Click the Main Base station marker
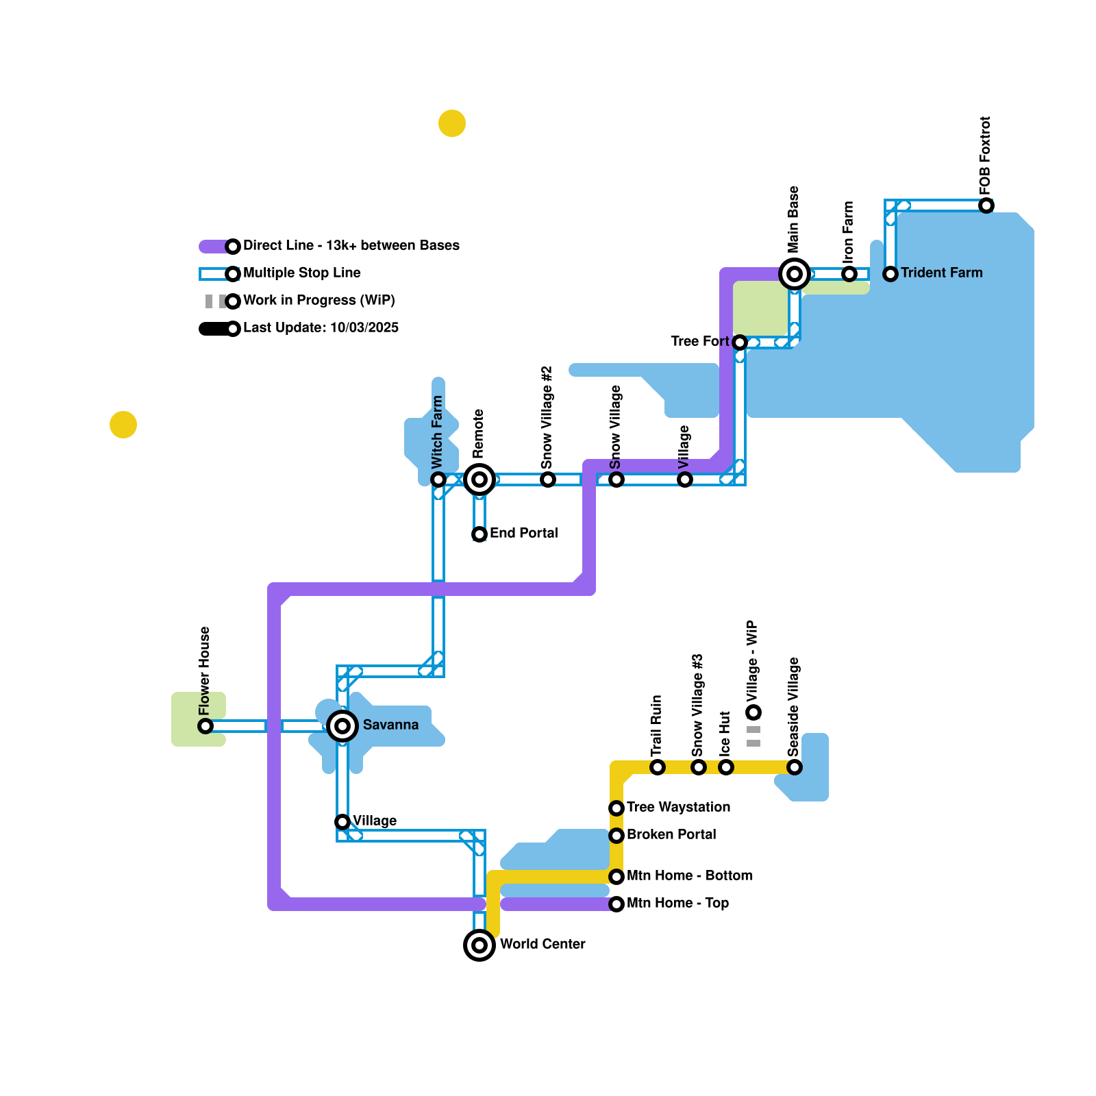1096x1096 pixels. click(795, 274)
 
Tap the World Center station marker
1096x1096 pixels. click(480, 945)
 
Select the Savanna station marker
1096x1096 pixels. click(342, 726)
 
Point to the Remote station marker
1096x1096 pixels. click(480, 480)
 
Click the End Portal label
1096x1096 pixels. click(524, 533)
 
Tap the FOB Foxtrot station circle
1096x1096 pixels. click(986, 206)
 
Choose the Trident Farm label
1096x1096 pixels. click(941, 273)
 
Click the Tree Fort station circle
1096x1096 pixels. click(740, 342)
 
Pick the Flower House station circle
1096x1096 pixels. click(206, 726)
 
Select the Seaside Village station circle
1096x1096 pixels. click(795, 767)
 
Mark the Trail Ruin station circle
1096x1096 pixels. click(658, 767)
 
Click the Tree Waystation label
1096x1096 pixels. click(678, 807)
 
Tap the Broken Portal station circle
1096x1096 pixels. click(616, 836)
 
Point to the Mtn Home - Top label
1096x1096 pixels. click(677, 903)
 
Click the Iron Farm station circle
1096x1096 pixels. click(849, 274)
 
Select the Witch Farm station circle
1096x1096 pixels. click(438, 480)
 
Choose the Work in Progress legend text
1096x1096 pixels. click(319, 300)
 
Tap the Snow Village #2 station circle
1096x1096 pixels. click(548, 480)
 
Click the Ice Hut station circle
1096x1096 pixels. click(726, 767)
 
